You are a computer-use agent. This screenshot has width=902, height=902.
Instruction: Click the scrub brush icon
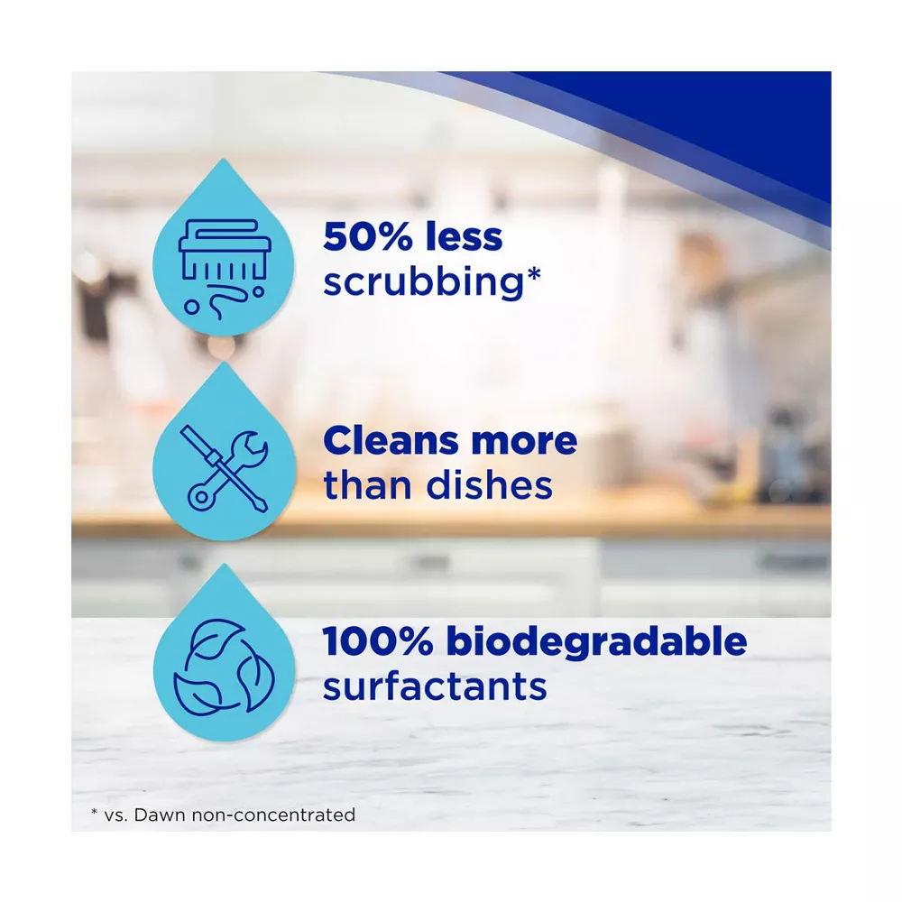225,268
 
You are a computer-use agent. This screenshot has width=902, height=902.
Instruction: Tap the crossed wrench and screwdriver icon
224,468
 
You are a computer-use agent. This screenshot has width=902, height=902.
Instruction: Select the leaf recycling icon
225,667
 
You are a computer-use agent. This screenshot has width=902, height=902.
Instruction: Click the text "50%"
368,236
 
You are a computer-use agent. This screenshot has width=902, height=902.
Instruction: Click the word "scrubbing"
423,281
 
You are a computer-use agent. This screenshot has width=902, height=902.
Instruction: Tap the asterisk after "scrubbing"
534,272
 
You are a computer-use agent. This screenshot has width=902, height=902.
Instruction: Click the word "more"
524,442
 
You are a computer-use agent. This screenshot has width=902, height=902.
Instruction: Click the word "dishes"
489,485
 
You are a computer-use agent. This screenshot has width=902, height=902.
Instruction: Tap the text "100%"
377,641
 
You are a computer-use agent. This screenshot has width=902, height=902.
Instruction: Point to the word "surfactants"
435,686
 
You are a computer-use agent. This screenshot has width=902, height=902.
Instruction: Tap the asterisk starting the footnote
95,812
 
